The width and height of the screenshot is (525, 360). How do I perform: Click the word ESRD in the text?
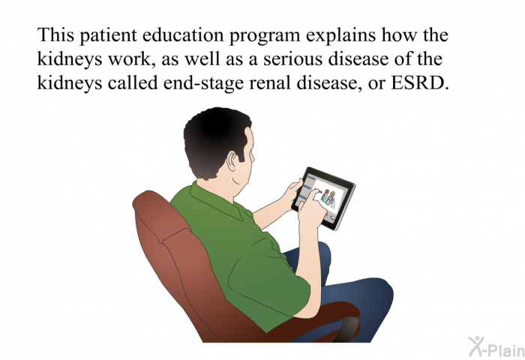click(x=420, y=82)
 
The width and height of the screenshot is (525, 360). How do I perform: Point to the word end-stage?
click(x=203, y=83)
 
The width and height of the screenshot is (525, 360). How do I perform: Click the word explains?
click(x=341, y=35)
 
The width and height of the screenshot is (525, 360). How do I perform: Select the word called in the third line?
click(x=133, y=82)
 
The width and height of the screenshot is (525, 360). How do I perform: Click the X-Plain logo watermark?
click(x=496, y=347)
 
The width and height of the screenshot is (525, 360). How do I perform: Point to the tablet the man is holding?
click(x=323, y=198)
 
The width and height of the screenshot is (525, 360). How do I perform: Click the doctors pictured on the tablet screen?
click(x=328, y=198)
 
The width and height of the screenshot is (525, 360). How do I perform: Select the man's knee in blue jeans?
click(x=380, y=291)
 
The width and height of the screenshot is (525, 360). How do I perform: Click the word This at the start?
click(x=55, y=34)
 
